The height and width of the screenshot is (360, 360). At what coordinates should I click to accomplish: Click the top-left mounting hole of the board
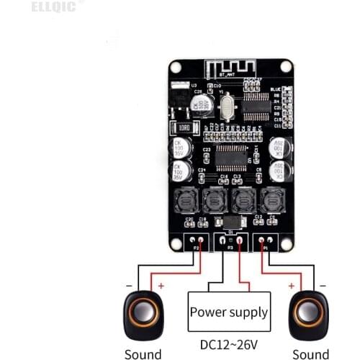click(176, 66)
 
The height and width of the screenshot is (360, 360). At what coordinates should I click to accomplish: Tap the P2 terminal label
click(195, 248)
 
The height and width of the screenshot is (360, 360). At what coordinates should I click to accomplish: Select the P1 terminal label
click(264, 248)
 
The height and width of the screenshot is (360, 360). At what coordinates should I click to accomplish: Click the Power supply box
click(229, 312)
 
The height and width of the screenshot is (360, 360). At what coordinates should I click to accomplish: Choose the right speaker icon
click(308, 315)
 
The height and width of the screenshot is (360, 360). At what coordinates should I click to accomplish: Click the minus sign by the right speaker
click(323, 286)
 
